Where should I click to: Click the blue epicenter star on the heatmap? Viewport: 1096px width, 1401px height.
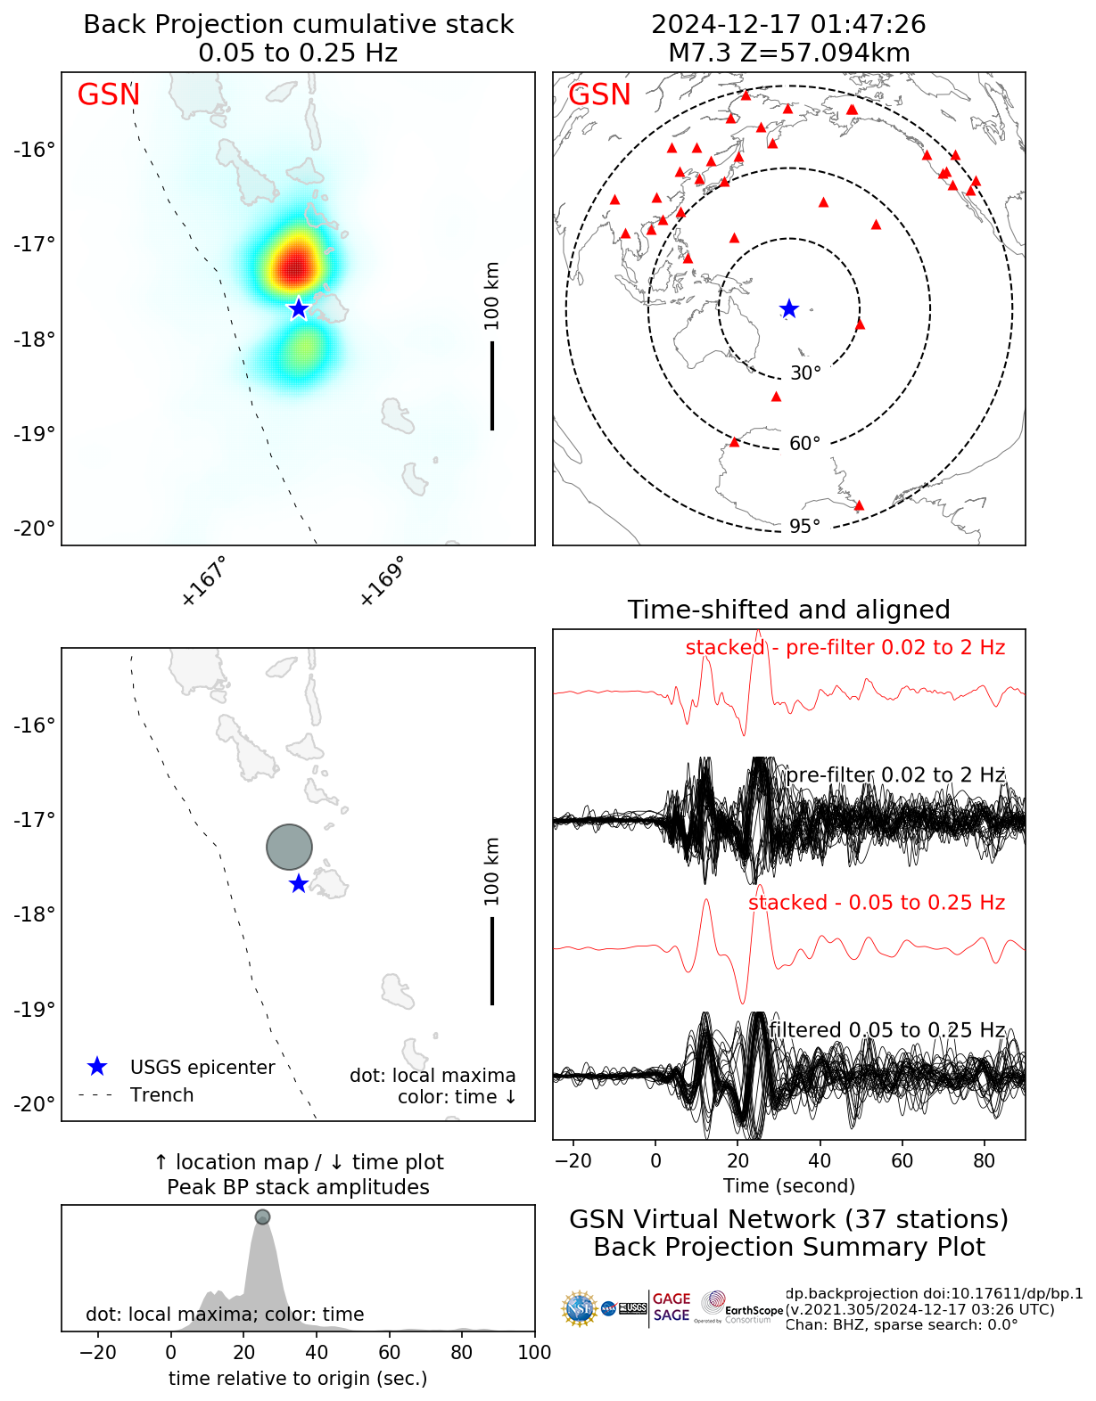click(298, 308)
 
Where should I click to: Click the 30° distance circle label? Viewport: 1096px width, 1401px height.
click(805, 373)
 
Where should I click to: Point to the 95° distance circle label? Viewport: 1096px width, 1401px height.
click(804, 527)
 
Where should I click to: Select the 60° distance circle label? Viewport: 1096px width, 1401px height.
click(804, 444)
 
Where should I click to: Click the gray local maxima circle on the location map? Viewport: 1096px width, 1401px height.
click(289, 847)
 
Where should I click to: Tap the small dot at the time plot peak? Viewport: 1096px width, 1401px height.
click(262, 1217)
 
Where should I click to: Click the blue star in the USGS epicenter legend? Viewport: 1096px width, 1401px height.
click(97, 1067)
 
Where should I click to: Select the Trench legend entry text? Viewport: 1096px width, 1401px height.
click(161, 1095)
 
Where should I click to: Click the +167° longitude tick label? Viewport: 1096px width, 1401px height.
click(204, 580)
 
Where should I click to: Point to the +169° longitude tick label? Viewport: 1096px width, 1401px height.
click(383, 580)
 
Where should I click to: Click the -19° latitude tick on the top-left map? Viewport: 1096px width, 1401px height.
click(34, 434)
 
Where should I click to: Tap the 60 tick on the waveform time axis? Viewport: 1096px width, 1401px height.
click(902, 1160)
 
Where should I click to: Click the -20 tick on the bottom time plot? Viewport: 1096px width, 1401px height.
click(98, 1352)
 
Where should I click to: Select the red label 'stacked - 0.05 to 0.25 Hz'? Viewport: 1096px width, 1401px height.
click(876, 903)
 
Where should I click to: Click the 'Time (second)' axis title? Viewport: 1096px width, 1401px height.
click(788, 1185)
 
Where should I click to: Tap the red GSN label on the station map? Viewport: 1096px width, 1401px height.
click(599, 94)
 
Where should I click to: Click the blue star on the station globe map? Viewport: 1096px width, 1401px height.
click(789, 309)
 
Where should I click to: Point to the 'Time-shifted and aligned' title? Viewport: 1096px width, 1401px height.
click(788, 610)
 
